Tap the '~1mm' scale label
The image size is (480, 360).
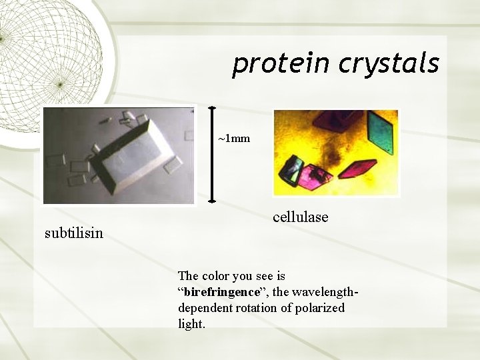pyautogui.click(x=234, y=139)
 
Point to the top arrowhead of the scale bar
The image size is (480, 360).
pyautogui.click(x=212, y=109)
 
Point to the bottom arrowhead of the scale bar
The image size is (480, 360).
pyautogui.click(x=212, y=198)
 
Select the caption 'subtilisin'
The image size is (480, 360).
pyautogui.click(x=73, y=233)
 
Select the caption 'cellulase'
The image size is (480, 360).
pyautogui.click(x=300, y=217)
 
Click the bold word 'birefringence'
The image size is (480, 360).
pyautogui.click(x=221, y=292)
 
